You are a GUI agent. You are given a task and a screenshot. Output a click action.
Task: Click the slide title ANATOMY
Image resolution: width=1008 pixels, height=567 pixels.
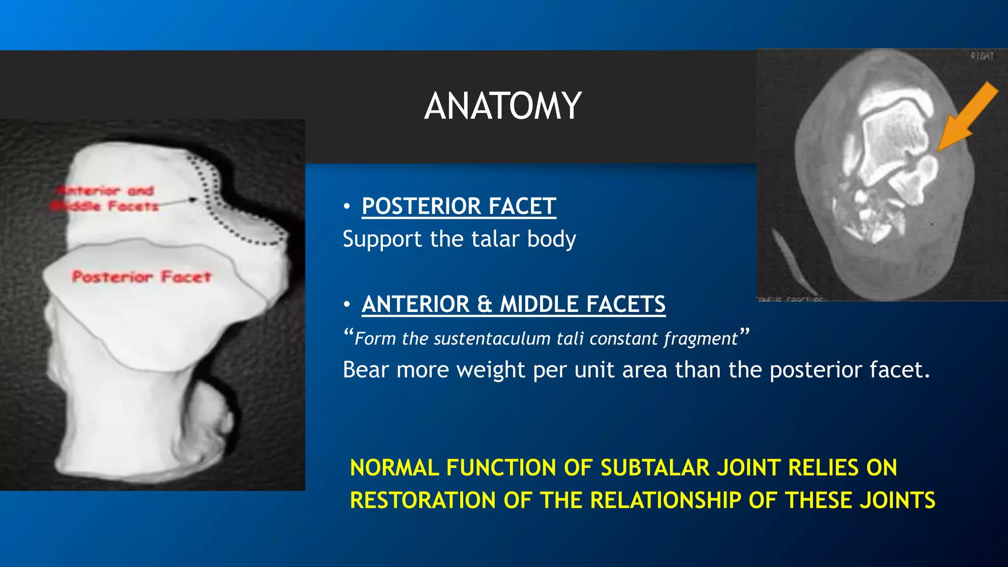(503, 106)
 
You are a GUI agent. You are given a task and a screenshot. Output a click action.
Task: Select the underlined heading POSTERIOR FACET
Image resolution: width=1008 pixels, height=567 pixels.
(459, 206)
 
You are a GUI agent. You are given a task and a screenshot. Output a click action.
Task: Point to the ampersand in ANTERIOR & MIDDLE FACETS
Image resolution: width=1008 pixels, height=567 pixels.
(484, 305)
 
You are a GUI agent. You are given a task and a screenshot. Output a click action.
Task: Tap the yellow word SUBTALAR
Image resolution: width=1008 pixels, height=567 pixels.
(655, 468)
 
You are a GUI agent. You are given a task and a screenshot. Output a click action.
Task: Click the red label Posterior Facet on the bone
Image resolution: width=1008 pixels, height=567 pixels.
(142, 277)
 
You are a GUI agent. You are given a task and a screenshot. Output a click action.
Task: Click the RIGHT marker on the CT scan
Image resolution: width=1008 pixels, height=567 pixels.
(982, 56)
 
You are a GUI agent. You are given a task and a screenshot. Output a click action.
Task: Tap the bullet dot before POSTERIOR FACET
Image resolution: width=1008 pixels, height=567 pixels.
(347, 206)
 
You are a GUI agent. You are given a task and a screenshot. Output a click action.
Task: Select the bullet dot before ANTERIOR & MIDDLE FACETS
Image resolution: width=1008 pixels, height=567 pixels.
(347, 305)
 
